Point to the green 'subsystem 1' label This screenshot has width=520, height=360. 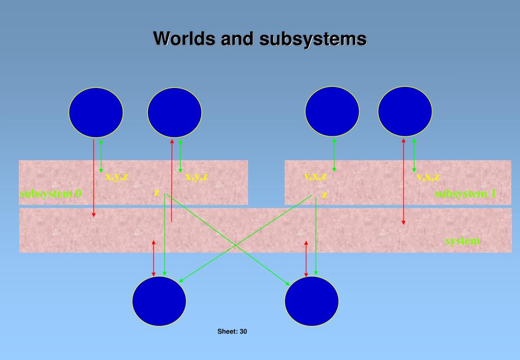tap(465, 194)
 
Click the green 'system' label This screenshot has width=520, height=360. tap(462, 241)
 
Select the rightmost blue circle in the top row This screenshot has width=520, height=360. tap(405, 111)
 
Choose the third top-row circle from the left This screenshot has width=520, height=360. tap(332, 111)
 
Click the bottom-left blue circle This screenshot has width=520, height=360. tap(159, 303)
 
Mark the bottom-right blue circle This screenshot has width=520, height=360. tap(312, 303)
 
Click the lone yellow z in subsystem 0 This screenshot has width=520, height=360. tap(157, 193)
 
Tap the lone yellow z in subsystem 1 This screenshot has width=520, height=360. tap(324, 195)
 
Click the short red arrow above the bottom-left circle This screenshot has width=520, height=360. tap(154, 258)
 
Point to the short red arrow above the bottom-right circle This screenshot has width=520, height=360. tap(305, 258)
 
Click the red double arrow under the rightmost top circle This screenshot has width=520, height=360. tap(404, 181)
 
